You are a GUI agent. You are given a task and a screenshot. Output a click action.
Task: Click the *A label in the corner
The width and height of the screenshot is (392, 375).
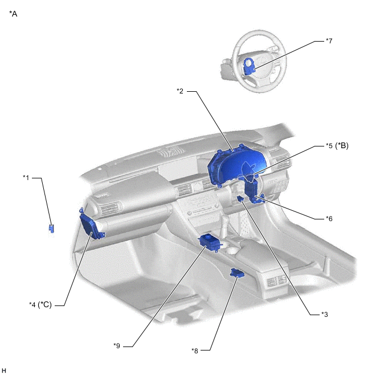click(x=13, y=14)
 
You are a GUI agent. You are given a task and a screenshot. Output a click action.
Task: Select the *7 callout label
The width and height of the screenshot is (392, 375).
click(x=329, y=41)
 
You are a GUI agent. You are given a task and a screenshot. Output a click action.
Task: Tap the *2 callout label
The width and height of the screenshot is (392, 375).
click(x=180, y=91)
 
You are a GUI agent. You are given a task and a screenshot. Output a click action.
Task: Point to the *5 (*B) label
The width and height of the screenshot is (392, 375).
click(x=337, y=145)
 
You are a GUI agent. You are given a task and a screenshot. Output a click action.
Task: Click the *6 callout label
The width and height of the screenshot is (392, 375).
click(x=329, y=218)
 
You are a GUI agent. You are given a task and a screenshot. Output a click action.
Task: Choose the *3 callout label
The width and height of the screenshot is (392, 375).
click(x=324, y=314)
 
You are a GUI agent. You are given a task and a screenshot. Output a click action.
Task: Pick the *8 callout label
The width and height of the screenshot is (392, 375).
click(x=195, y=350)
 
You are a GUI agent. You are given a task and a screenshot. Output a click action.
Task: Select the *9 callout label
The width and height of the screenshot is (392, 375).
click(x=117, y=346)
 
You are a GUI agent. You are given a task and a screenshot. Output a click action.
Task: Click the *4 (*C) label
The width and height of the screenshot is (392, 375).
click(x=40, y=305)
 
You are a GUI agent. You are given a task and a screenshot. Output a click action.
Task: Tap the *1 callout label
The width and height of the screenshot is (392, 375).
click(x=26, y=177)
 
